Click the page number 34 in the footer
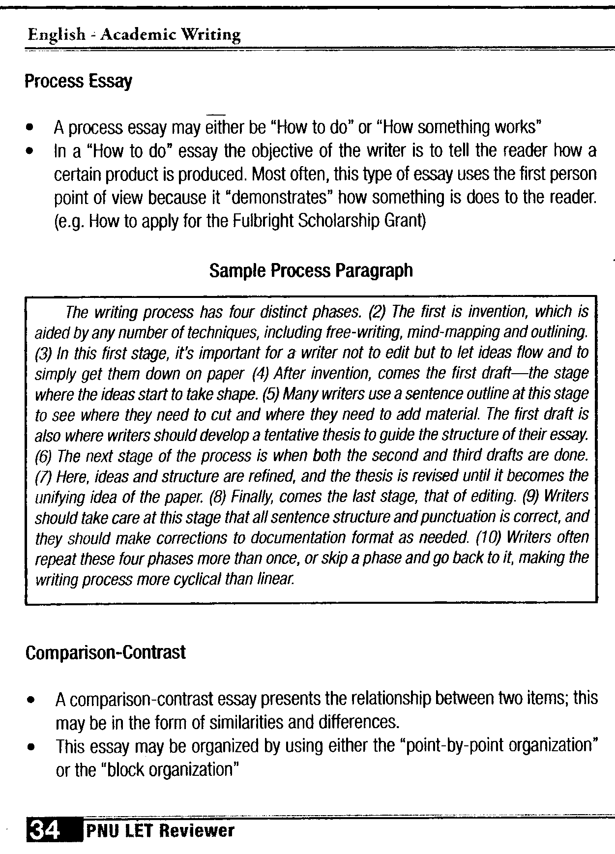pyautogui.click(x=45, y=830)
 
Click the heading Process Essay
pyautogui.click(x=78, y=82)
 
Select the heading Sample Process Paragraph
pyautogui.click(x=311, y=270)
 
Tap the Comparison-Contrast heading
pyautogui.click(x=106, y=653)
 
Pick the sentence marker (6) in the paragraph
pyautogui.click(x=44, y=457)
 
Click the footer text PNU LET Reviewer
pyautogui.click(x=160, y=831)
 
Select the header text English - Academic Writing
pyautogui.click(x=134, y=34)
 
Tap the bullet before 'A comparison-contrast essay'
pyautogui.click(x=31, y=699)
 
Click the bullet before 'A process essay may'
pyautogui.click(x=30, y=128)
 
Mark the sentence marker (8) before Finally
pyautogui.click(x=217, y=497)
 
